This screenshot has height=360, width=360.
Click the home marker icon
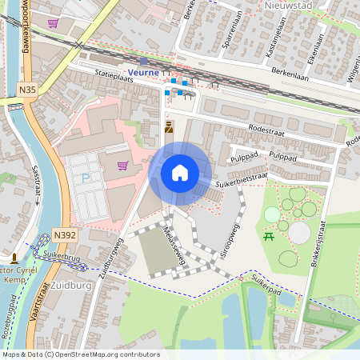(x=180, y=172)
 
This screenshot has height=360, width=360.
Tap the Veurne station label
(x=144, y=72)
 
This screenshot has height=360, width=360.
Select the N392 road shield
(x=65, y=234)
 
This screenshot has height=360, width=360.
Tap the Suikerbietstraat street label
(x=241, y=172)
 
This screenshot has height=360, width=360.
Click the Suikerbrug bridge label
(x=60, y=255)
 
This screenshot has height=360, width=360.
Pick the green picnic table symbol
(x=270, y=237)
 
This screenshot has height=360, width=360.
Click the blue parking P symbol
(x=86, y=178)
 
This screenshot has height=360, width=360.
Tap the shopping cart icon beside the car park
(x=122, y=166)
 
